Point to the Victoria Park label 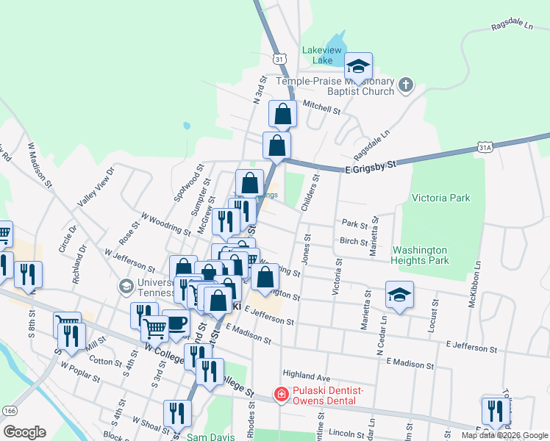[440, 198]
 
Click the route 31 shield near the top [279, 57]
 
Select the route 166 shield [10, 410]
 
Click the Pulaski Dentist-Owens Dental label [324, 395]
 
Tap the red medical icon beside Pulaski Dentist [280, 395]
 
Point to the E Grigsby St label [370, 167]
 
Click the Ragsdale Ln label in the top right [511, 26]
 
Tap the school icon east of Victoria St [399, 296]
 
